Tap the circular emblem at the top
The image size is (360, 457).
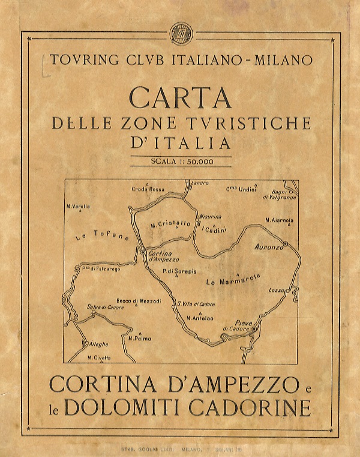(179, 32)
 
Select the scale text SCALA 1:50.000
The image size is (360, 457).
(180, 162)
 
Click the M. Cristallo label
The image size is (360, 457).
(170, 224)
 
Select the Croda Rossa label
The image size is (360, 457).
(148, 189)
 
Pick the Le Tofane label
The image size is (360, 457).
(102, 237)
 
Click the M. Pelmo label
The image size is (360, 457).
(140, 338)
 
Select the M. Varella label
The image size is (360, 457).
(79, 207)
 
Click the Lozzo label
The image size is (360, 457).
(277, 290)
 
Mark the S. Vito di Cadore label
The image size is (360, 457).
(197, 304)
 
